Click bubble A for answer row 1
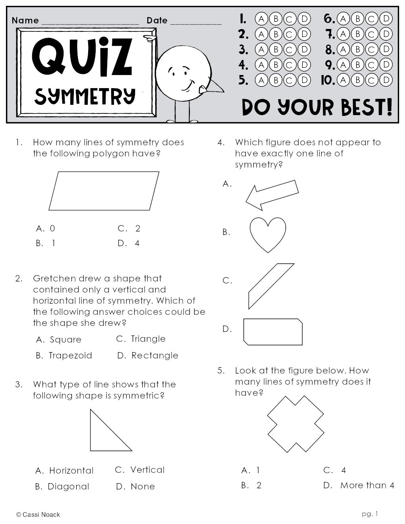tap(261, 19)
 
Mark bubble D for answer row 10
tap(386, 80)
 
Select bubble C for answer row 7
tap(372, 34)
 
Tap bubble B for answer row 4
tap(276, 65)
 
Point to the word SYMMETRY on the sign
tap(85, 96)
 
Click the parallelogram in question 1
tap(104, 191)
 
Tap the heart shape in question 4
tap(268, 233)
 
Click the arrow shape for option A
tap(272, 195)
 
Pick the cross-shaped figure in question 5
tap(295, 424)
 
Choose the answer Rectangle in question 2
tap(154, 355)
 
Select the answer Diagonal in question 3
tap(68, 486)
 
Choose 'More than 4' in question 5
tap(367, 485)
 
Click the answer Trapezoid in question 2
tap(70, 355)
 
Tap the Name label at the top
tap(25, 20)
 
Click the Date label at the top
tap(157, 20)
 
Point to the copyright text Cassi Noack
tap(38, 514)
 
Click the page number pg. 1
tap(370, 514)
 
